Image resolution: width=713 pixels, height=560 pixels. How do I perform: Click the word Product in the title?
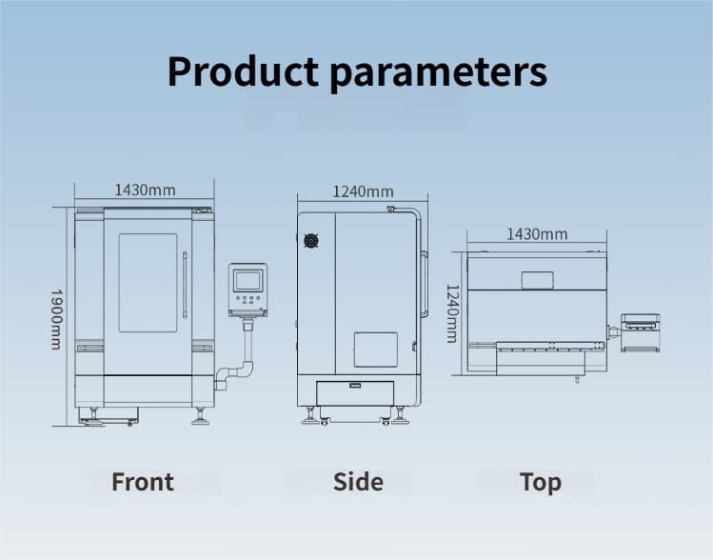[x=243, y=71]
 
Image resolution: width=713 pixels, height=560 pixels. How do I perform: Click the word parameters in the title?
[x=438, y=73]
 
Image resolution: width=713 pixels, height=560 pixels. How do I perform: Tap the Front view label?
[x=143, y=482]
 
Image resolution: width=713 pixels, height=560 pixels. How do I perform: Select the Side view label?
[x=358, y=482]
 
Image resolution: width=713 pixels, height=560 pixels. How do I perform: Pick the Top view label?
[x=540, y=483]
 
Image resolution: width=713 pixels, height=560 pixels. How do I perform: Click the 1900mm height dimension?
[x=56, y=319]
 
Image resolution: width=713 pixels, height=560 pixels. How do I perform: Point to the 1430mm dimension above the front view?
[x=145, y=190]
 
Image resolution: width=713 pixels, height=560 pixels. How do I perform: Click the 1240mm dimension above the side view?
[x=363, y=191]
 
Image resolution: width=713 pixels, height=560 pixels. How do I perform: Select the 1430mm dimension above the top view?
[x=537, y=234]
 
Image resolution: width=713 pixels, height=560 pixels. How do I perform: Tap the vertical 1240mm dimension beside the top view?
[x=452, y=313]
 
